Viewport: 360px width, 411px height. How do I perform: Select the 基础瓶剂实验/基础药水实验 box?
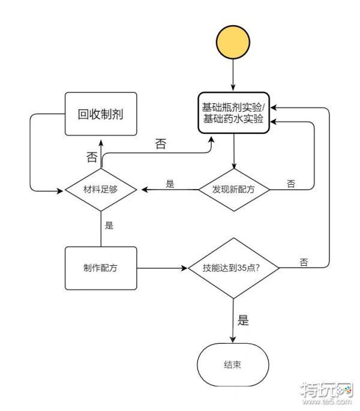click(x=234, y=114)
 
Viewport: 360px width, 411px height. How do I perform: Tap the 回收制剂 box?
click(x=100, y=114)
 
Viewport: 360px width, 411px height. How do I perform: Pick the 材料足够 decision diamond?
click(x=100, y=189)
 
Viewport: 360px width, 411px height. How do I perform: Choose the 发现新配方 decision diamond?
click(x=234, y=189)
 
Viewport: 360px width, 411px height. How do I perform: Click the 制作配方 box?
click(x=100, y=268)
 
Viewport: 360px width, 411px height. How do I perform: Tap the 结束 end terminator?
click(x=233, y=365)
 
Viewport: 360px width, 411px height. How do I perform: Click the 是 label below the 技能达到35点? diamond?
click(x=242, y=320)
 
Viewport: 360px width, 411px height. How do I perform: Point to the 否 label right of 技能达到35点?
click(x=304, y=262)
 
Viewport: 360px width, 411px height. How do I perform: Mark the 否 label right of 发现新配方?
click(x=291, y=184)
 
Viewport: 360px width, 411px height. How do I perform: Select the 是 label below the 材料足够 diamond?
click(x=109, y=226)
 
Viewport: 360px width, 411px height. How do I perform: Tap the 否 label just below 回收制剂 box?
click(x=91, y=158)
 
